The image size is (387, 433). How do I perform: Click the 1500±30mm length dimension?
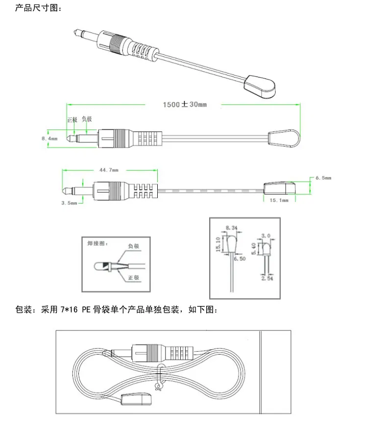[x=185, y=104]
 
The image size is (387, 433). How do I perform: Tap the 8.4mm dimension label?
[x=49, y=138]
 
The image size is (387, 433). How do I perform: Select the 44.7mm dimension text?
[x=109, y=170]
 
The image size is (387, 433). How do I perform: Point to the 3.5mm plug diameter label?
[x=69, y=203]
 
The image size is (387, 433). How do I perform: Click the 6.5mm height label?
[x=323, y=178]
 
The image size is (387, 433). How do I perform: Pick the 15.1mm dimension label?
[x=279, y=200]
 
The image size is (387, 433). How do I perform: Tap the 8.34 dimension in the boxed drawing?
[x=231, y=228]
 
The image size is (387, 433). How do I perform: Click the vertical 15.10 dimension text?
[x=218, y=244]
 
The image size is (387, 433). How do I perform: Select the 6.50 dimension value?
[x=240, y=259]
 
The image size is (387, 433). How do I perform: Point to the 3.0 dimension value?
[x=266, y=236]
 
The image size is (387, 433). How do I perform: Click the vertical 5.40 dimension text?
[x=253, y=249]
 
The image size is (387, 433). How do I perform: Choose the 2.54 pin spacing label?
[x=267, y=279]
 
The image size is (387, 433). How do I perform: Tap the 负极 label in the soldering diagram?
[x=134, y=246]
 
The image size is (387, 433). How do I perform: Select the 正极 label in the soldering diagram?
[x=134, y=278]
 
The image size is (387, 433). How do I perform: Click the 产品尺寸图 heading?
[x=38, y=8]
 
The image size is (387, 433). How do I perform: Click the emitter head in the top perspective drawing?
[x=260, y=86]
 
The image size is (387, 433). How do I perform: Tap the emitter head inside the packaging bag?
[x=136, y=399]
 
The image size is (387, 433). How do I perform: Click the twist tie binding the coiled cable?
[x=159, y=378]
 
